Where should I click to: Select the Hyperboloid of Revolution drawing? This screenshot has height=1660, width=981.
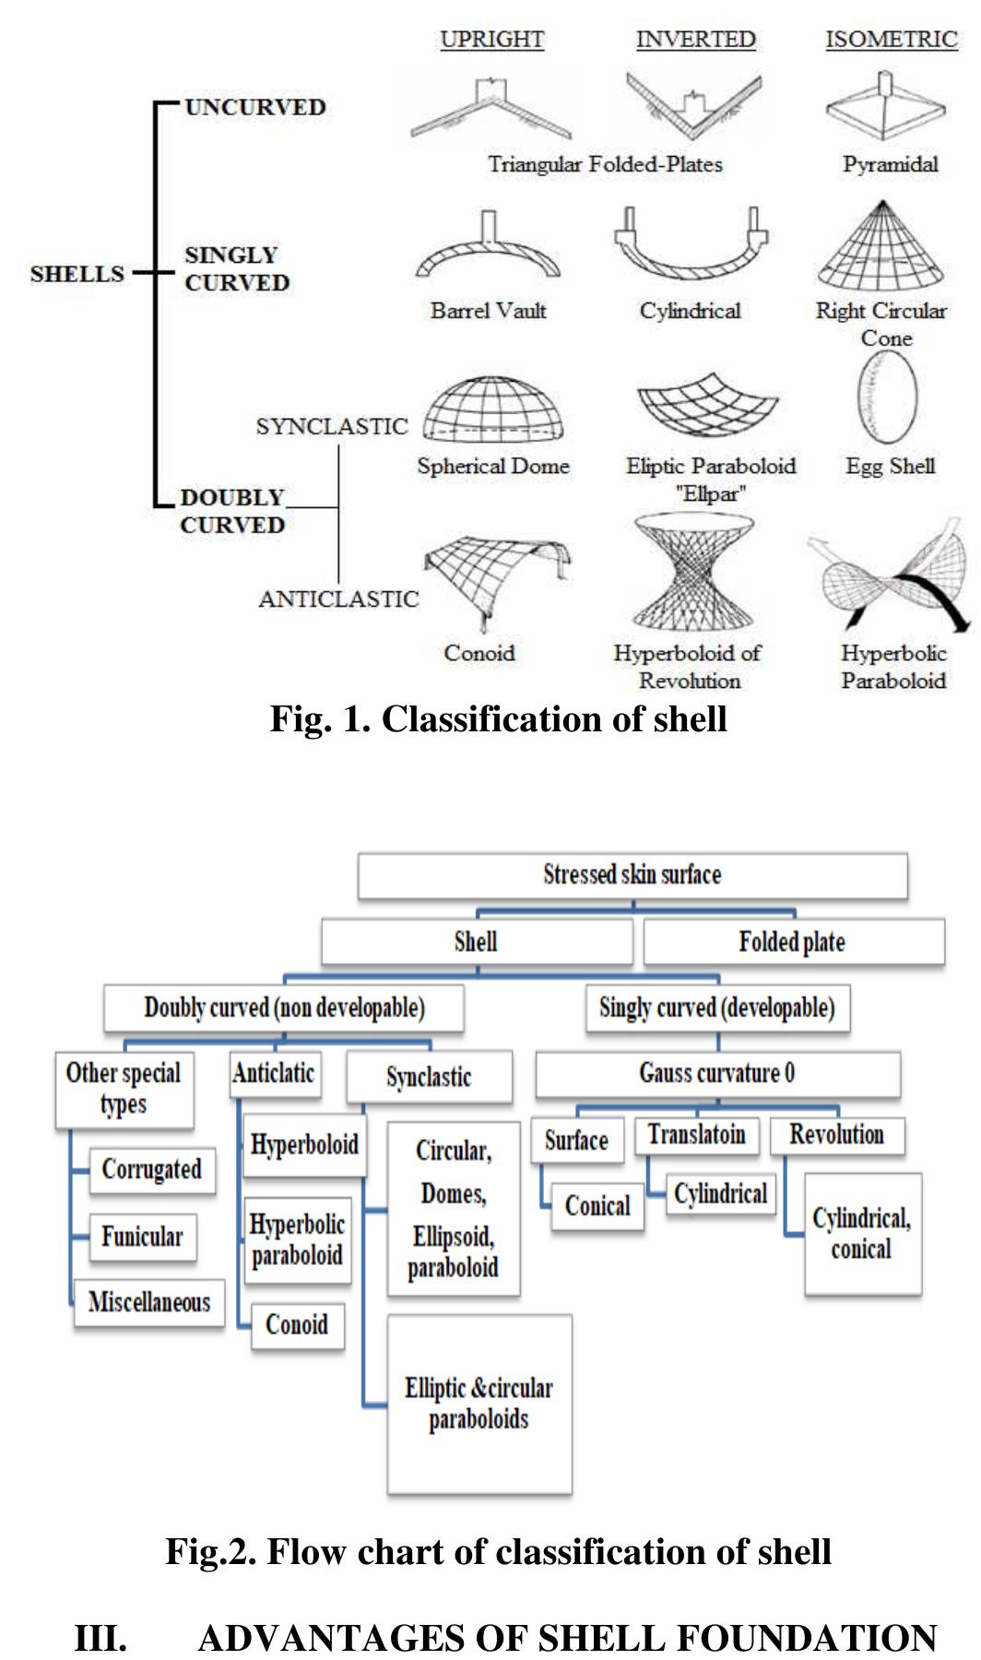[x=693, y=574]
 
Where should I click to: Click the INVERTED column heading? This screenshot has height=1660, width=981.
[x=695, y=40]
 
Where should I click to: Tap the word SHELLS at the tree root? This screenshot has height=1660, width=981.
[x=77, y=274]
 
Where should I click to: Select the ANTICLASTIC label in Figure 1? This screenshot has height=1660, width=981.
[x=337, y=599]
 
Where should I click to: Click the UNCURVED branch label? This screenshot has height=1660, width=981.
[x=255, y=107]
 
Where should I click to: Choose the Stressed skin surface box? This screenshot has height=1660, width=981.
[x=632, y=875]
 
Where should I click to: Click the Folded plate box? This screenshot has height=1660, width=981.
[x=793, y=943]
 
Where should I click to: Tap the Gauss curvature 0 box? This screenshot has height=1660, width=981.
[x=717, y=1073]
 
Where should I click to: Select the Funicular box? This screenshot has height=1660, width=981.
[x=142, y=1237]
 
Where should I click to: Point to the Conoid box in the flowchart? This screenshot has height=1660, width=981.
[x=297, y=1325]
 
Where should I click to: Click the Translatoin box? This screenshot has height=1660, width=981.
[x=696, y=1134]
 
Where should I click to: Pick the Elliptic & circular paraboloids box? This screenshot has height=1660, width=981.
[x=479, y=1403]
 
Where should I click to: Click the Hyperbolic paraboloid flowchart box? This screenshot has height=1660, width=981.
[x=297, y=1239]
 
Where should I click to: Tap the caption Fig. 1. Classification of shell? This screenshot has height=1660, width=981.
[x=498, y=718]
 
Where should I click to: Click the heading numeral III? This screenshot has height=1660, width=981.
[x=100, y=1638]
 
